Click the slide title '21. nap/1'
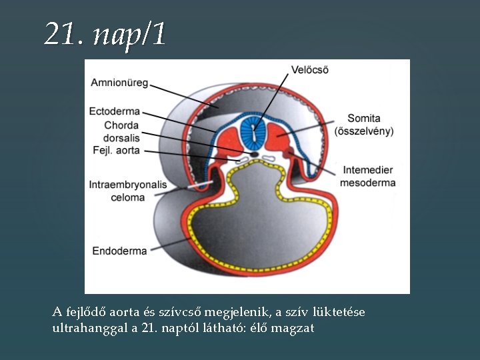pyautogui.click(x=105, y=34)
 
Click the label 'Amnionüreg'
pyautogui.click(x=119, y=83)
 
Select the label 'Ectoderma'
pyautogui.click(x=114, y=111)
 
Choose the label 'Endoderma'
pyautogui.click(x=119, y=251)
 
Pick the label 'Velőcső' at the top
pyautogui.click(x=310, y=69)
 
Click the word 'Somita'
pyautogui.click(x=364, y=119)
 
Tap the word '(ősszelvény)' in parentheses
pyautogui.click(x=364, y=131)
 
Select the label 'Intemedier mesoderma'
pyautogui.click(x=367, y=176)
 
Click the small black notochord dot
pyautogui.click(x=253, y=155)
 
